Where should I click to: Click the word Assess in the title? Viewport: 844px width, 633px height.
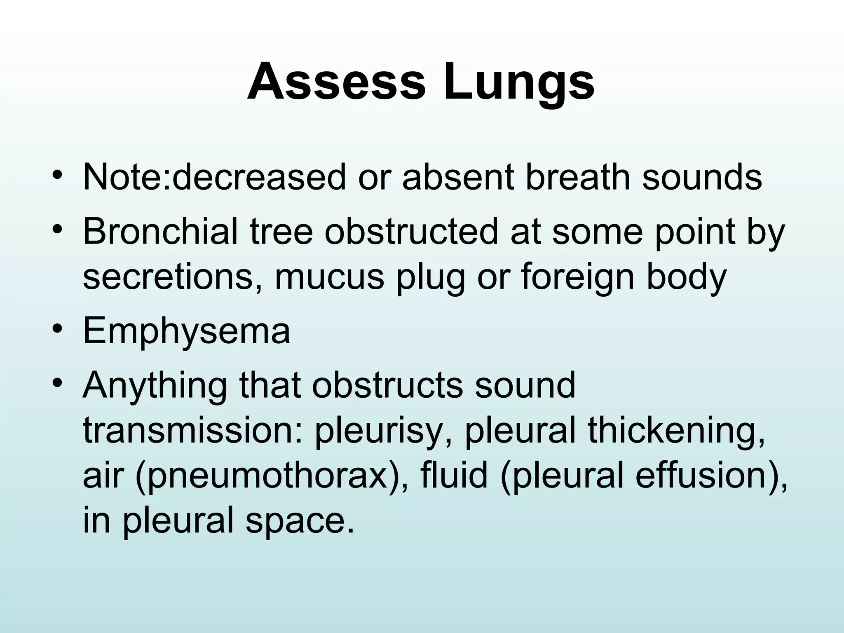click(x=336, y=81)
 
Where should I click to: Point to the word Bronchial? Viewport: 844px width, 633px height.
click(x=160, y=232)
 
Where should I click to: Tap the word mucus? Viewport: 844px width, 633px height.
click(x=329, y=277)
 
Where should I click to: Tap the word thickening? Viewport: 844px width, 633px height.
click(x=676, y=433)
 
